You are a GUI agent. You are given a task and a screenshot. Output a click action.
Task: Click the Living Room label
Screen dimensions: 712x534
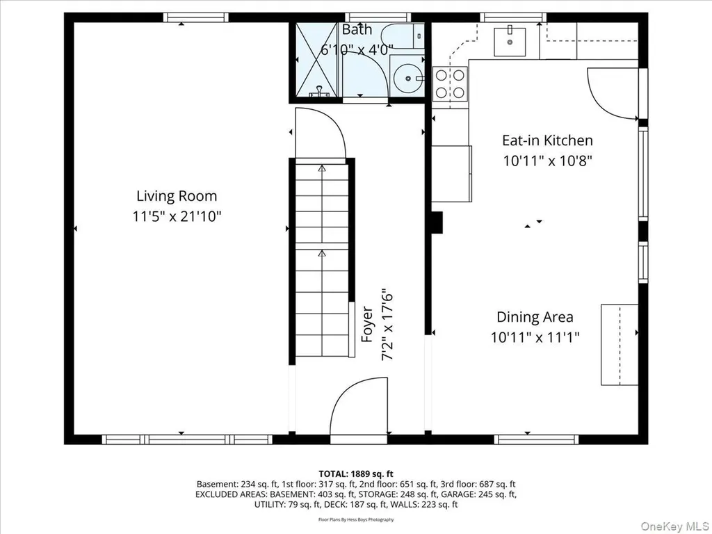pyautogui.click(x=177, y=196)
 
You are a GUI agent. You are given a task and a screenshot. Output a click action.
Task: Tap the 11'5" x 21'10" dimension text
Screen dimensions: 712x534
pyautogui.click(x=177, y=216)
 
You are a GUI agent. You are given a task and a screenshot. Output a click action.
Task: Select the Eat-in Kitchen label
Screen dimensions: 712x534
pyautogui.click(x=547, y=140)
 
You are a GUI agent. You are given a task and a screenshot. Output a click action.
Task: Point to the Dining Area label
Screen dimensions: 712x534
pyautogui.click(x=535, y=317)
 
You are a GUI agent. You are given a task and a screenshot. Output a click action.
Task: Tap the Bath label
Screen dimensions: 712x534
pyautogui.click(x=357, y=29)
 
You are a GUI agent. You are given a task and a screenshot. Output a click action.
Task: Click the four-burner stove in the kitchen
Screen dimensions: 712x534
pyautogui.click(x=450, y=83)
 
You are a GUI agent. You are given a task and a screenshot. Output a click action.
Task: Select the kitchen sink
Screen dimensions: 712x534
pyautogui.click(x=510, y=41)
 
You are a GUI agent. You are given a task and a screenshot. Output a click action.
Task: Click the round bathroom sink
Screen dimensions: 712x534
pyautogui.click(x=407, y=78)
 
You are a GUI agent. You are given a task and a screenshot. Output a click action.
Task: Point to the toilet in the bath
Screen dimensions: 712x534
pyautogui.click(x=402, y=36)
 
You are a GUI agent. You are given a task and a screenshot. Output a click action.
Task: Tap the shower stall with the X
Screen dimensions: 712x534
pyautogui.click(x=317, y=60)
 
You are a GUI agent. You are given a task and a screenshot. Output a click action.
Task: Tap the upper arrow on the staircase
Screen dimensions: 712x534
pyautogui.click(x=322, y=169)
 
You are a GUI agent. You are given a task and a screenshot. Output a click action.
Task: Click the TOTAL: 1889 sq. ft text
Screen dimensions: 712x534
pyautogui.click(x=356, y=474)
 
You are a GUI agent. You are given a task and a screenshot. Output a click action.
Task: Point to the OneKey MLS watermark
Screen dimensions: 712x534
pyautogui.click(x=674, y=526)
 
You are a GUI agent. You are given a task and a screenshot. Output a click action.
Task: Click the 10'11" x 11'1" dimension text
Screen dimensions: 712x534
pyautogui.click(x=535, y=337)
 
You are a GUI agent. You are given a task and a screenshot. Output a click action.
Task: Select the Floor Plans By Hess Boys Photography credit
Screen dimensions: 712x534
pyautogui.click(x=356, y=519)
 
